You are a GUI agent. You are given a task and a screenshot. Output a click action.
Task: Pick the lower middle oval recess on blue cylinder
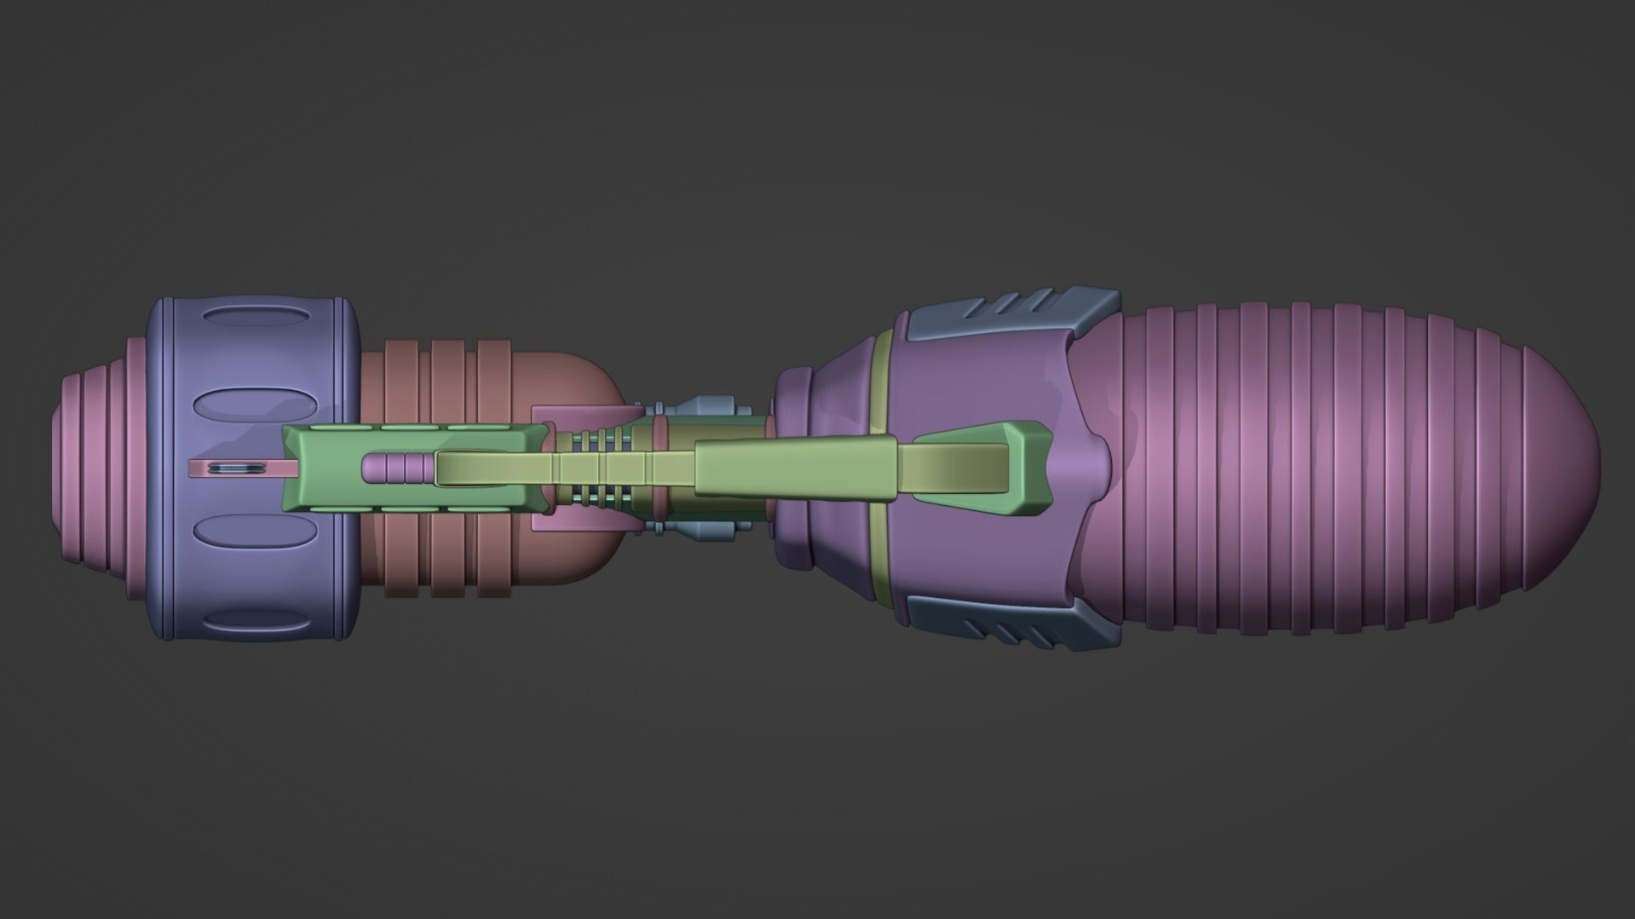click(x=253, y=531)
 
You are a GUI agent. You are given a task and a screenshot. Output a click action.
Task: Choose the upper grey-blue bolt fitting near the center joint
click(x=714, y=405)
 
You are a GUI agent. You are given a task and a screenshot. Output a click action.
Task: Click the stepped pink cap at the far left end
click(x=94, y=468)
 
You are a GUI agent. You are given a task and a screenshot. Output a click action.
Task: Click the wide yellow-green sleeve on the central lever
click(x=797, y=468)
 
